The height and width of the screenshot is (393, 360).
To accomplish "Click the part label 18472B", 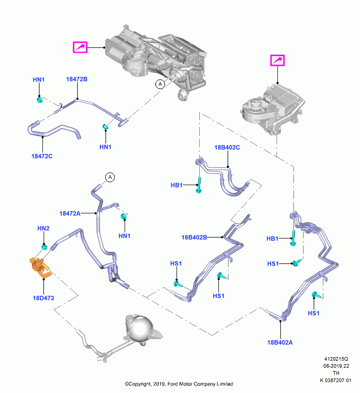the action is pyautogui.click(x=77, y=79).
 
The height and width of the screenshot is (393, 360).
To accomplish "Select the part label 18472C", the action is pyautogui.click(x=42, y=156).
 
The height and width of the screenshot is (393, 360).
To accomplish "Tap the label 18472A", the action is pyautogui.click(x=70, y=213).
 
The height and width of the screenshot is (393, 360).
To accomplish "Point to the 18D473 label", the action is pyautogui.click(x=43, y=298).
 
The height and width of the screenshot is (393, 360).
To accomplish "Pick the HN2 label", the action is pyautogui.click(x=43, y=228).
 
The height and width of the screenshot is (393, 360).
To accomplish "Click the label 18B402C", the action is pyautogui.click(x=227, y=147).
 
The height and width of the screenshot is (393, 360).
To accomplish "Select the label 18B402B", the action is pyautogui.click(x=194, y=237).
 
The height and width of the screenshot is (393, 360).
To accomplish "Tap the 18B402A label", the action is pyautogui.click(x=280, y=342).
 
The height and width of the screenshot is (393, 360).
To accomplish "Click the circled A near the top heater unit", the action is pyautogui.click(x=160, y=84).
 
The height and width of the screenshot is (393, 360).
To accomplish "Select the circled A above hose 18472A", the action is pyautogui.click(x=110, y=178).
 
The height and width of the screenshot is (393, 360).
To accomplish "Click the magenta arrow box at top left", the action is pyautogui.click(x=80, y=47).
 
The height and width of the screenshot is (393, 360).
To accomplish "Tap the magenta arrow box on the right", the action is pyautogui.click(x=277, y=61).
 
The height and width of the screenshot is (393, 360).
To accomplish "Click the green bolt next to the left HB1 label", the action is pyautogui.click(x=199, y=185).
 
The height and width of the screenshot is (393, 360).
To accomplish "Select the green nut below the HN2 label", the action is pyautogui.click(x=44, y=247).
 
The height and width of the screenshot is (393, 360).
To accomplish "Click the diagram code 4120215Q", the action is pyautogui.click(x=336, y=359).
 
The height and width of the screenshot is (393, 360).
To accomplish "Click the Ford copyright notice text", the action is pyautogui.click(x=179, y=384).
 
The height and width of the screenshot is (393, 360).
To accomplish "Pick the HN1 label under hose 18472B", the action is pyautogui.click(x=106, y=147).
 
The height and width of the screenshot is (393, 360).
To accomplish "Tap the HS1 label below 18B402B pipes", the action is pyautogui.click(x=219, y=296).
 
